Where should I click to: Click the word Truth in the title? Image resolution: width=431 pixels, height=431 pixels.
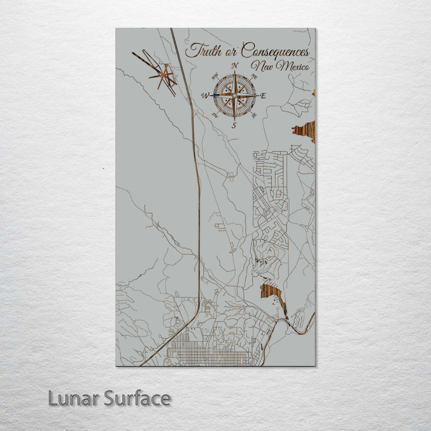(x=201, y=51)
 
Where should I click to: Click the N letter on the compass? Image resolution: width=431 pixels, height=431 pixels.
(x=235, y=66)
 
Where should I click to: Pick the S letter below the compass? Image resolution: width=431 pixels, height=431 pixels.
(x=235, y=125)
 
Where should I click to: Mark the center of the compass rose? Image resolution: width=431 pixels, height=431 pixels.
(x=235, y=95)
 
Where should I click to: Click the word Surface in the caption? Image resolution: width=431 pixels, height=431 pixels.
(x=136, y=399)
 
